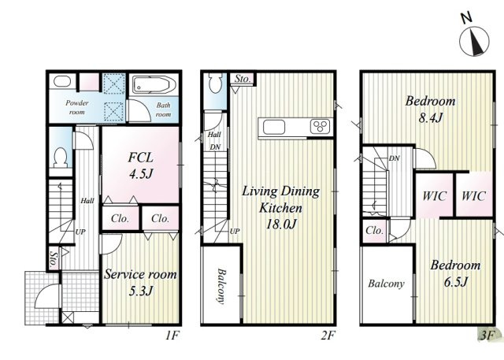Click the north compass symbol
click(x=474, y=41)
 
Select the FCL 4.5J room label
click(x=140, y=165)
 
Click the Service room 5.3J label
click(x=140, y=282)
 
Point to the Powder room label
click(x=77, y=107)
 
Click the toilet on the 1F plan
click(x=60, y=158)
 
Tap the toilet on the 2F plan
click(x=215, y=83)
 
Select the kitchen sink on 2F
click(x=274, y=128)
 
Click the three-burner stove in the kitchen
click(x=321, y=126)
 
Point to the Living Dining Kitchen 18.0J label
click(x=280, y=207)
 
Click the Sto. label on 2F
click(x=243, y=79)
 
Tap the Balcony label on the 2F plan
click(x=220, y=286)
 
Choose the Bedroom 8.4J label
click(x=431, y=109)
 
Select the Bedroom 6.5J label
click(x=455, y=273)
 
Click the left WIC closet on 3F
click(x=435, y=195)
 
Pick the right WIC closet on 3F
click(x=474, y=195)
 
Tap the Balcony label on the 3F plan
click(x=386, y=284)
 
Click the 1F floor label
click(x=172, y=336)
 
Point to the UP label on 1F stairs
click(x=80, y=232)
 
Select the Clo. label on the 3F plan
click(x=375, y=230)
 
